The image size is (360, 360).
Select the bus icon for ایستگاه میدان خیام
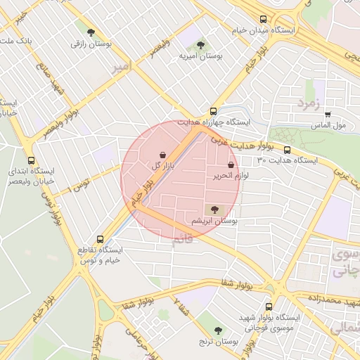pyautogui.click(x=263, y=20)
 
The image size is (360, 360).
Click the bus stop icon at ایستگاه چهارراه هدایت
pyautogui.click(x=214, y=111)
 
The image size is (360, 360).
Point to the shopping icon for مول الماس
pyautogui.click(x=328, y=114)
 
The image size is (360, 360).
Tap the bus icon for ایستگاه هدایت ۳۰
pyautogui.click(x=287, y=149)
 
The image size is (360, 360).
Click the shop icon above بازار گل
pyautogui.click(x=163, y=155)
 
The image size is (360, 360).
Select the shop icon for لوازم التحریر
pyautogui.click(x=231, y=165)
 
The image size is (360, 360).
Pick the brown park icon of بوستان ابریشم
pyautogui.click(x=214, y=209)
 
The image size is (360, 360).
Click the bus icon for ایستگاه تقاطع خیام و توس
pyautogui.click(x=100, y=239)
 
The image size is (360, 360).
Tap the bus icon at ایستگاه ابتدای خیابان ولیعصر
pyautogui.click(x=30, y=160)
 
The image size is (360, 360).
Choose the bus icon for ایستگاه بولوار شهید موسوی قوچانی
pyautogui.click(x=269, y=307)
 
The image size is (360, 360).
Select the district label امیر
pyautogui.click(x=121, y=67)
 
